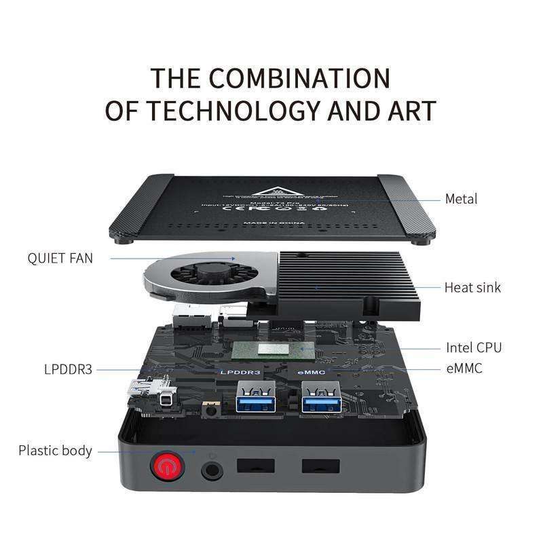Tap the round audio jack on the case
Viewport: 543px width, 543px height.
[212, 468]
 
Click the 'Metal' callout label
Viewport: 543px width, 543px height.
[461, 199]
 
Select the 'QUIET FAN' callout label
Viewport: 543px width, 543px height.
[60, 258]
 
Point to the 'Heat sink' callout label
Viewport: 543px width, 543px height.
[472, 287]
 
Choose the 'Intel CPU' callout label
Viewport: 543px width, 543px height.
[474, 348]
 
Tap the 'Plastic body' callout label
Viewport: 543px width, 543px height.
[55, 450]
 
